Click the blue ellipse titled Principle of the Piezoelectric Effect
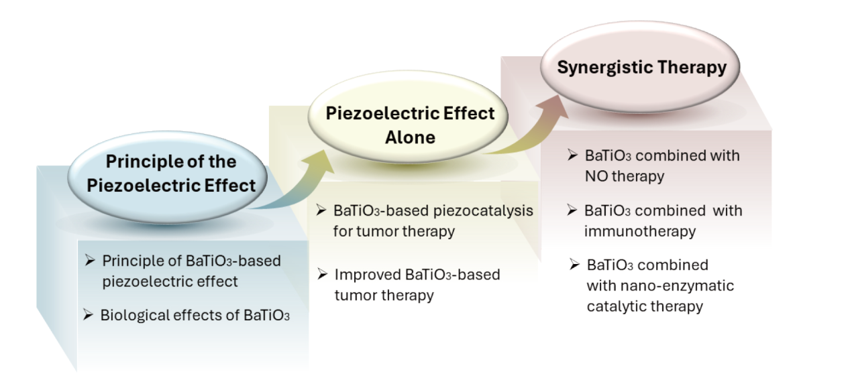[167, 178]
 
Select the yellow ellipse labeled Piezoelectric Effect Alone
[408, 117]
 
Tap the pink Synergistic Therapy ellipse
[640, 67]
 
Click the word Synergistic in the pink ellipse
[604, 68]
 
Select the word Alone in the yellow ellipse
[410, 137]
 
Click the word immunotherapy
[640, 231]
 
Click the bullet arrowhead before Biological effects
[88, 314]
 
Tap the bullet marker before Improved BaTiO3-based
[322, 274]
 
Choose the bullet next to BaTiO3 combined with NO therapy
[573, 155]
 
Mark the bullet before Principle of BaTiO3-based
[90, 260]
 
